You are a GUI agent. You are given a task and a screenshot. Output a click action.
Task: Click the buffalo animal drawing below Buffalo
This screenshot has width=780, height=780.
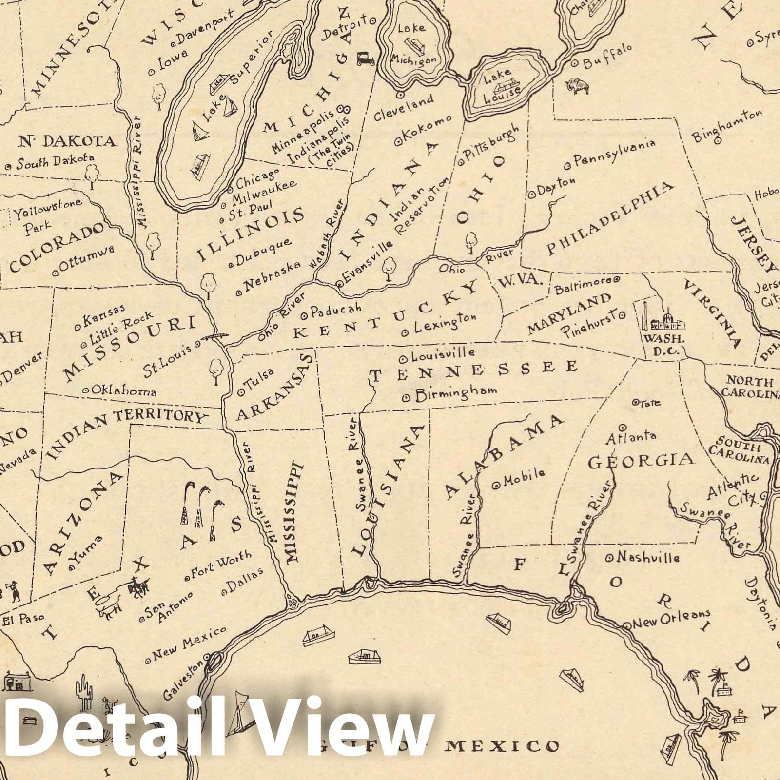tap(578, 86)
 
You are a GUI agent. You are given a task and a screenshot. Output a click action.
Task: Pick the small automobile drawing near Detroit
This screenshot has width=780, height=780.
tap(364, 58)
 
